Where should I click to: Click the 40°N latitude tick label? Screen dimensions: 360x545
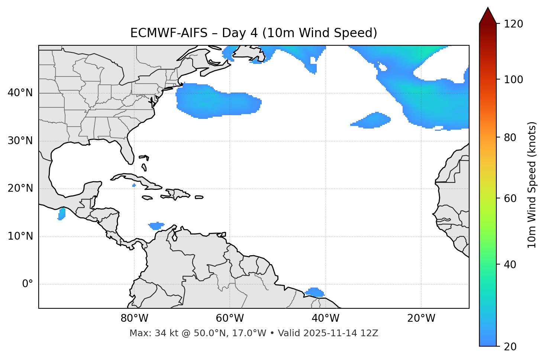[20, 93]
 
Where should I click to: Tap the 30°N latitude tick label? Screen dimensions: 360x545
[20, 141]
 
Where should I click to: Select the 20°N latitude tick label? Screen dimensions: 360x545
[20, 189]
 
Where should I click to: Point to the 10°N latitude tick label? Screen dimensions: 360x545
[20, 236]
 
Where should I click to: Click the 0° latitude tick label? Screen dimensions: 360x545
[28, 284]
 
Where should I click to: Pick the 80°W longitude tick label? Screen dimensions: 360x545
[135, 318]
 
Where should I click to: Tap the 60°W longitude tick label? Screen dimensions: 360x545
[230, 318]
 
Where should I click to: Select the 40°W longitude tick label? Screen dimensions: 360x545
[326, 318]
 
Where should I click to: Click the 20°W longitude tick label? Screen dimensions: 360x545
[421, 318]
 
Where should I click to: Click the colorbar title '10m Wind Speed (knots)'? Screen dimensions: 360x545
[532, 185]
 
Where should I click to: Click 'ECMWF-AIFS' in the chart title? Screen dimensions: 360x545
[168, 33]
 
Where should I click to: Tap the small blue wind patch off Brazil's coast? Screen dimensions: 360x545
[315, 292]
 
